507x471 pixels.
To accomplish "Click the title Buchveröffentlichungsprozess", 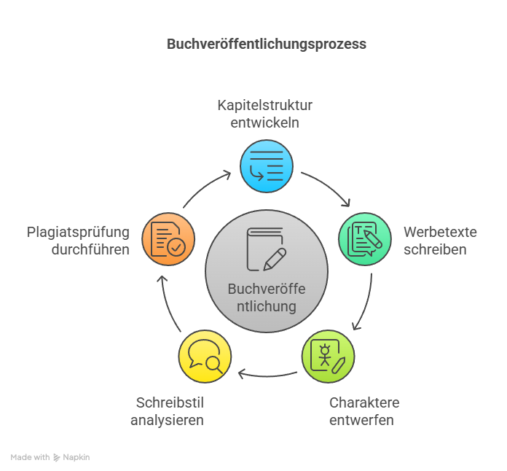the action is pos(267,44).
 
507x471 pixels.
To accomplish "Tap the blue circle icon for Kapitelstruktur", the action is pos(267,166).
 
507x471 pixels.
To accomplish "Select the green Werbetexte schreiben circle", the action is pos(365,239).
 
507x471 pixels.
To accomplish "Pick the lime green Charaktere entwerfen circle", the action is pos(328,357).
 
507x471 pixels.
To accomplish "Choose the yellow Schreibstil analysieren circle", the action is pos(205,357).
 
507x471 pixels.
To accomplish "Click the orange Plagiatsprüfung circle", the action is pos(168,239).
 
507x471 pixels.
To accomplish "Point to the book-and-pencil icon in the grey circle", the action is pos(267,249).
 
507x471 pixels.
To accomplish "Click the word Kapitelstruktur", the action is pos(265,105).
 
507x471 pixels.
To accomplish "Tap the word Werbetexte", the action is pos(440,232).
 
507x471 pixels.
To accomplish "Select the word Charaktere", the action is pos(364,402).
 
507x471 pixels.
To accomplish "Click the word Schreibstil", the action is pos(170,402).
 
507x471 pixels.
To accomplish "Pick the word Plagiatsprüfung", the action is pos(78,233).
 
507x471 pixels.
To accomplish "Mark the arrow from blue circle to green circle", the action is pos(329,186).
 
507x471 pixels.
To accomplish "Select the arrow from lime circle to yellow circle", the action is pos(267,375).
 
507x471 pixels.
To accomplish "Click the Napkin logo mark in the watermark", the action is pos(57,457).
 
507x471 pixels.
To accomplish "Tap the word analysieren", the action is pos(167,420).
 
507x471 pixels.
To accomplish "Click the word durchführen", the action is pos(90,249).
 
